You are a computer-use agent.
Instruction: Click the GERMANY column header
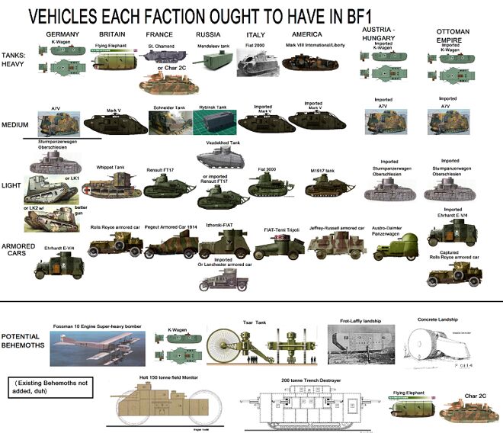[63, 35]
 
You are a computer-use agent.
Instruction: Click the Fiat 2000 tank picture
[252, 65]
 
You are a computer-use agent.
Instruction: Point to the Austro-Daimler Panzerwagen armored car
[399, 245]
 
